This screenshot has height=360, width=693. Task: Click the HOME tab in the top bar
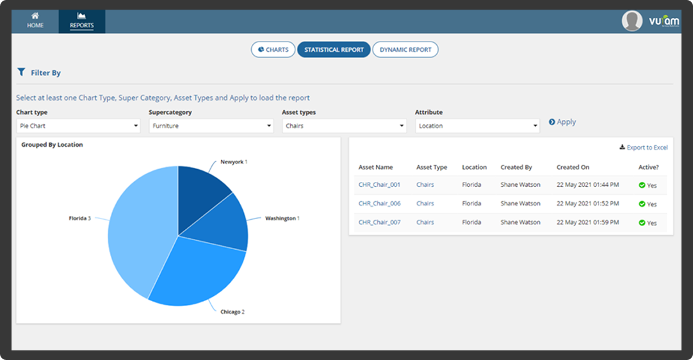35,21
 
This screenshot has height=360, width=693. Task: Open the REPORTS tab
81,21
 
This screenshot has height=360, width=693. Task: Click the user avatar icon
632,21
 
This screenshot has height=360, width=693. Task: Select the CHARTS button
273,49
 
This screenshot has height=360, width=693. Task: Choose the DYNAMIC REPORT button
405,49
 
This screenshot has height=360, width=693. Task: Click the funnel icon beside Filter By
21,72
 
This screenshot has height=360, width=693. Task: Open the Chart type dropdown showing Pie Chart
77,126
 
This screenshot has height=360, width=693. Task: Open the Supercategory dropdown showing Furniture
211,126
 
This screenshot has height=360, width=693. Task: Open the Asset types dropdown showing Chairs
344,126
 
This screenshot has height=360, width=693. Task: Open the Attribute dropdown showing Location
477,126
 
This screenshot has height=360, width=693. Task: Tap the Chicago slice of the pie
199,269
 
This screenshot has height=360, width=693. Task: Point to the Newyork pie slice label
232,162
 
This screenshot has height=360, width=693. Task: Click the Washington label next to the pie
281,218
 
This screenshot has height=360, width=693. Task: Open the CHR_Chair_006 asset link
379,204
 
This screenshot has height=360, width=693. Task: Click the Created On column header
573,167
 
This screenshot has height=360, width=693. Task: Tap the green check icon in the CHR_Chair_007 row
642,223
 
